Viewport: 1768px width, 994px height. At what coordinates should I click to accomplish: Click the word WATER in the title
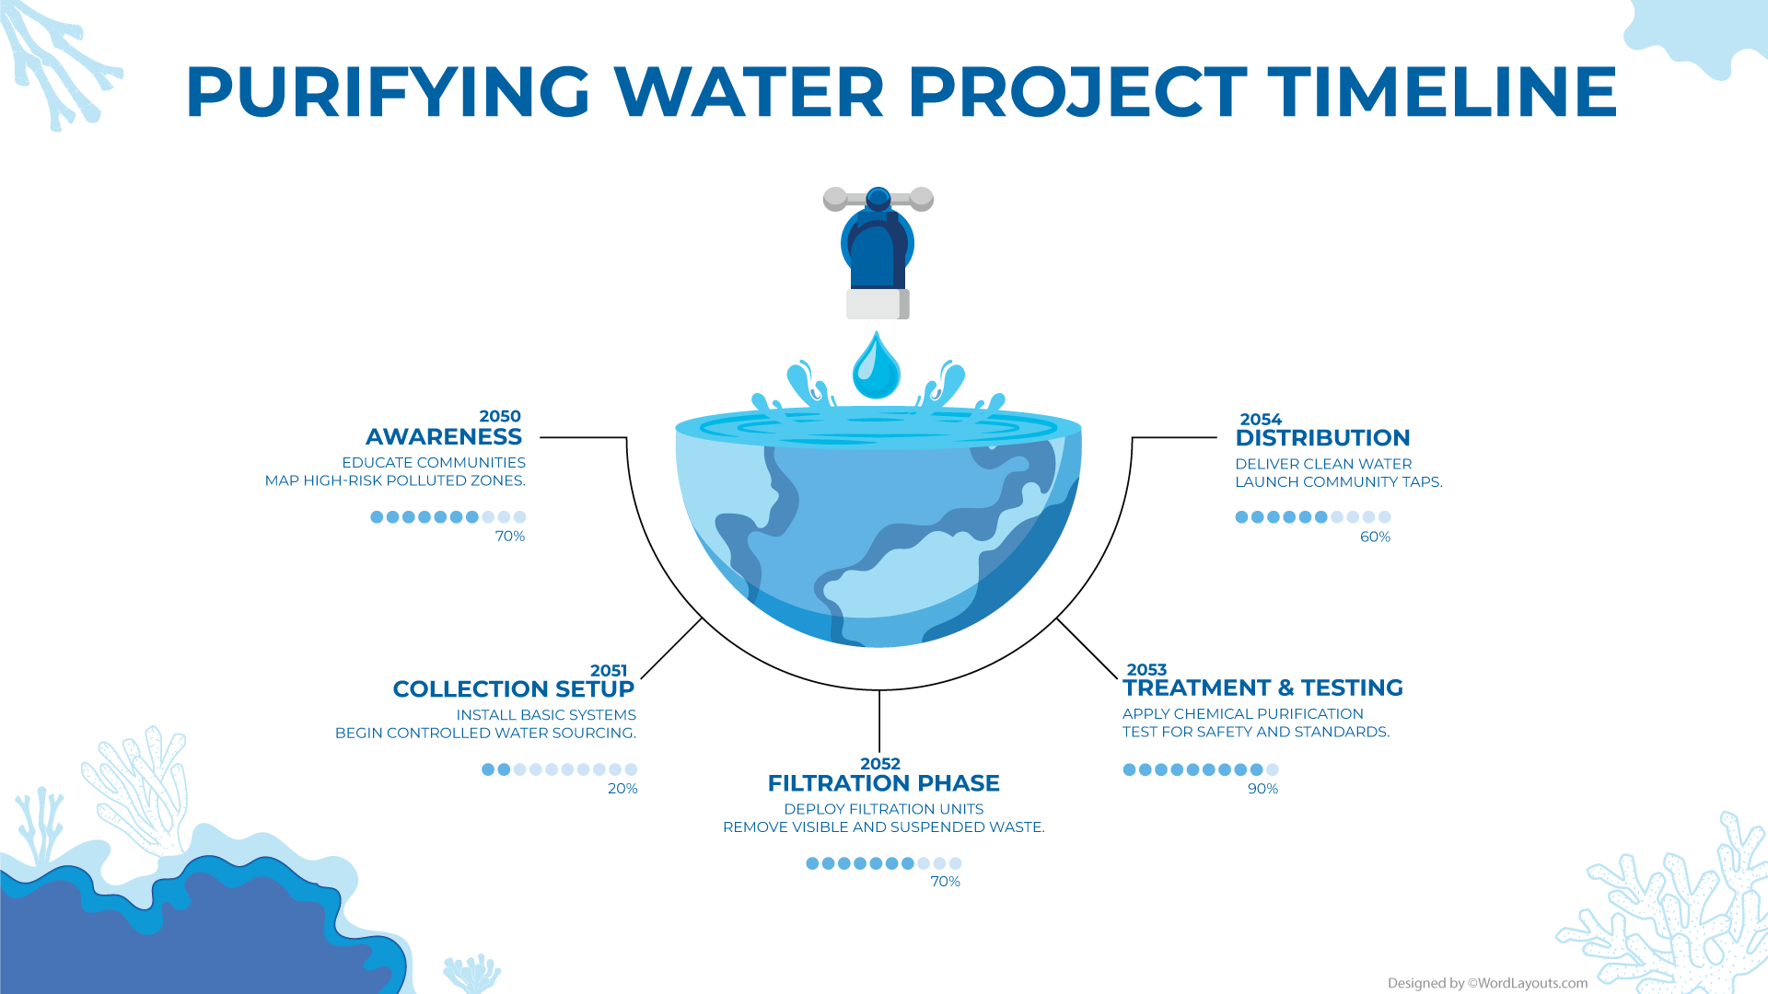(748, 92)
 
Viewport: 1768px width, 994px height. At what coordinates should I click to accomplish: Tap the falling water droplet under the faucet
(876, 367)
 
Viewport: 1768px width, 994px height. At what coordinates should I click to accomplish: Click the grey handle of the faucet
(878, 198)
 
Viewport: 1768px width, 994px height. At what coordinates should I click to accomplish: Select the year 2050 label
(500, 417)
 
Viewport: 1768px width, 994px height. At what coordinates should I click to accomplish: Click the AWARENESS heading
(444, 437)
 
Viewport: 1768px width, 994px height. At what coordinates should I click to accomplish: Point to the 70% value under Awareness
(510, 537)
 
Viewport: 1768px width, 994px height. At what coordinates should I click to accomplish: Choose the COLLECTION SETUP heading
(513, 689)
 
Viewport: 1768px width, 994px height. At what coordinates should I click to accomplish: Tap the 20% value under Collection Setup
(622, 789)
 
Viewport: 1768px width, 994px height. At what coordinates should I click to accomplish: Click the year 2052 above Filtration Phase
(880, 764)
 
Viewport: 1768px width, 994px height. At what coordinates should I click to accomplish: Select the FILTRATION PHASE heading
(883, 783)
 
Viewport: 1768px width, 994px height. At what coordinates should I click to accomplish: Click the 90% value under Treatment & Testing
(1262, 790)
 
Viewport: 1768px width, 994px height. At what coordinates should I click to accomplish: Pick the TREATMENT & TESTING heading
(1262, 688)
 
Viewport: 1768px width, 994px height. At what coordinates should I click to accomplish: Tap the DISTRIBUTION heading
(1322, 438)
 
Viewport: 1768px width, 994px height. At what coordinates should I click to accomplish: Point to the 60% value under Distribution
(1375, 537)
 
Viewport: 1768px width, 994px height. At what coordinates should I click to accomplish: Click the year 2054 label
(1261, 420)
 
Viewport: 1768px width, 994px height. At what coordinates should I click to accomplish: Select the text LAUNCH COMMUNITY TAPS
(1338, 482)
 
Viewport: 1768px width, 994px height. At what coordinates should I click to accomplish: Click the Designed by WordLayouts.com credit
(1487, 983)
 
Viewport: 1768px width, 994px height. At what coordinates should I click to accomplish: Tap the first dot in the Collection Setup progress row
(488, 769)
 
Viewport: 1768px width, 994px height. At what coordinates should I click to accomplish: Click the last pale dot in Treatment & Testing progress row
(1273, 769)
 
